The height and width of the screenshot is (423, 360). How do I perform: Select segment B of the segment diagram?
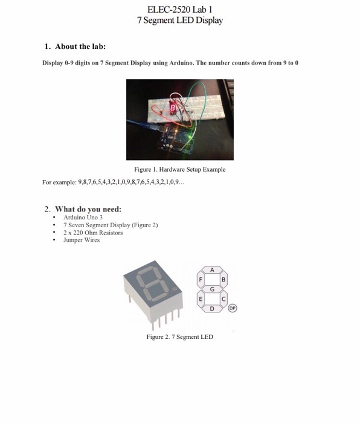[x=223, y=280]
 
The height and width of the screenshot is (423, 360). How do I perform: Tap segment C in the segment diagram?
[x=223, y=299]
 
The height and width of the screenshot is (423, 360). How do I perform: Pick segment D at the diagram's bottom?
[x=212, y=309]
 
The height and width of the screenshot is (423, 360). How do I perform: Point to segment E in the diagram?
[x=200, y=299]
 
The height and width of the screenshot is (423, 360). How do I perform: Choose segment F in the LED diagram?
[x=200, y=280]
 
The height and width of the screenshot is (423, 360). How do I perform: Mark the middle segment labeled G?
[x=212, y=289]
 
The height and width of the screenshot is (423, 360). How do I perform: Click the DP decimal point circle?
[x=233, y=308]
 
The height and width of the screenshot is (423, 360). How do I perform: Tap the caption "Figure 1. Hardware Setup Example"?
[x=179, y=170]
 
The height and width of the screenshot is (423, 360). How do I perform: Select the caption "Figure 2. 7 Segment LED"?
[x=179, y=337]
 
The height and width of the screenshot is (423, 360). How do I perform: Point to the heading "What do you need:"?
[x=88, y=209]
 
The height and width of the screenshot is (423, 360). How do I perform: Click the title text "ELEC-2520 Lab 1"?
[x=179, y=9]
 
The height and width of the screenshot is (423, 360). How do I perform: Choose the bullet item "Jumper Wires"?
[x=82, y=240]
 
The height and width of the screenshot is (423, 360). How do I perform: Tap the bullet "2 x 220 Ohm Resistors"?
[x=93, y=233]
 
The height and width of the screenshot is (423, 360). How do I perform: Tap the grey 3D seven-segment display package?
[x=151, y=287]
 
